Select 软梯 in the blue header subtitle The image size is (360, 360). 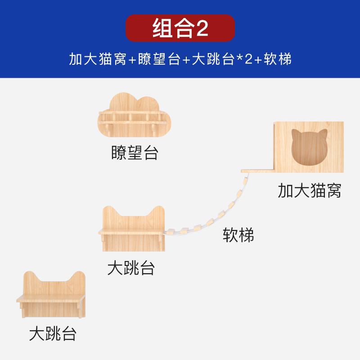[279, 59]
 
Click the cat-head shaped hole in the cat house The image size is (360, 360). [309, 148]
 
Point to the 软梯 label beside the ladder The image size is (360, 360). [238, 235]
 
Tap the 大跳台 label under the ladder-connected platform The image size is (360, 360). [131, 268]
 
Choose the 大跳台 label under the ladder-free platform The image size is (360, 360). [53, 334]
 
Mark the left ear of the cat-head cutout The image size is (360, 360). [296, 134]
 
